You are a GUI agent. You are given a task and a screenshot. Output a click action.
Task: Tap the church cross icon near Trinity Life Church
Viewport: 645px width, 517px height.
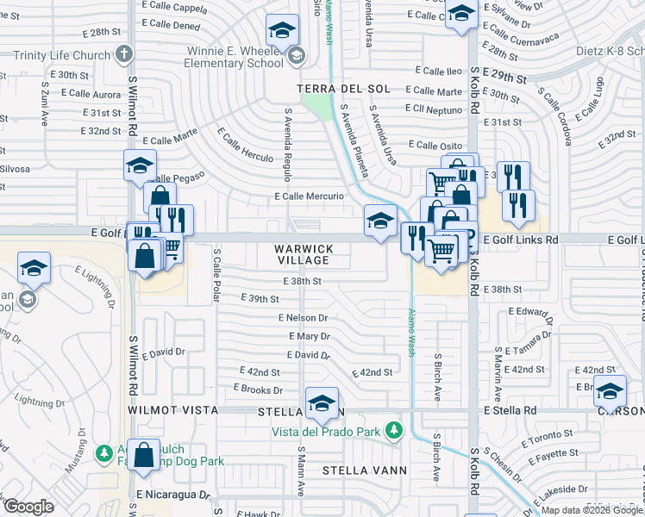point(124,54)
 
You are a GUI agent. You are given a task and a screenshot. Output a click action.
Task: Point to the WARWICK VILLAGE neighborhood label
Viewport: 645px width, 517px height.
point(303,254)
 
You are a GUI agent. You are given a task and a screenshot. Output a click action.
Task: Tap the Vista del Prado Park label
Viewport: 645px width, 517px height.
point(327,430)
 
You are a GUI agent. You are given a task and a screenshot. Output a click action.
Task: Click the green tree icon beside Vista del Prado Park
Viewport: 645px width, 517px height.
point(393,429)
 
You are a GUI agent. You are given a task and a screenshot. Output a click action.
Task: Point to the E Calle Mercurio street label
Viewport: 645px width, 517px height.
point(310,196)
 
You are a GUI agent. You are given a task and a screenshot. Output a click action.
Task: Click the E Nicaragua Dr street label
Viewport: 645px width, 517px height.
point(172,495)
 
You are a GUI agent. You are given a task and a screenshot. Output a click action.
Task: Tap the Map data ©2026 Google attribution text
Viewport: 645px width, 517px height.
point(592,509)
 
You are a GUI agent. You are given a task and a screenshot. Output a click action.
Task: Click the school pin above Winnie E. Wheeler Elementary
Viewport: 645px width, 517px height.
point(280,32)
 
